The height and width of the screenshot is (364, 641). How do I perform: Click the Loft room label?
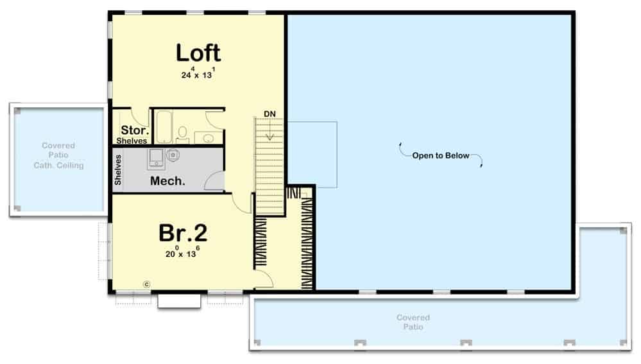(198, 53)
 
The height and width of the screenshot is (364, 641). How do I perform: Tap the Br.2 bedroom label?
(183, 232)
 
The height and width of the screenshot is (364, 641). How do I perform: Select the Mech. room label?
(167, 181)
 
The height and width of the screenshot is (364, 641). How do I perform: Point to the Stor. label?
(135, 130)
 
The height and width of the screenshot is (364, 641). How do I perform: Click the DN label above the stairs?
(269, 114)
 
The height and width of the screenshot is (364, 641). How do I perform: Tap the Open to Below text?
(441, 155)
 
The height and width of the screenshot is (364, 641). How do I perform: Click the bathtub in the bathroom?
(164, 126)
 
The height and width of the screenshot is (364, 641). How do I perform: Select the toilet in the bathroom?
(182, 134)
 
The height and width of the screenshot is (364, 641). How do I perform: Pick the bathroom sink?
(209, 138)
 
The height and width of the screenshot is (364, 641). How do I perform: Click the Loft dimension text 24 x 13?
(198, 74)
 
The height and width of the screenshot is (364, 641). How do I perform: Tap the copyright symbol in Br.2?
(147, 284)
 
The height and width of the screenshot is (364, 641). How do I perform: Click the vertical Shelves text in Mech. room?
(118, 169)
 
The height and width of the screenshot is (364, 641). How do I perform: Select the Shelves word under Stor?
(132, 141)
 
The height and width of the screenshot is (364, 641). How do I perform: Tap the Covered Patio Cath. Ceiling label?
(58, 155)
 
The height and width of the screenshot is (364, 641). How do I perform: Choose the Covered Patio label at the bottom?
(413, 322)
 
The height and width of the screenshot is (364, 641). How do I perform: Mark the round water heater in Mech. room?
(173, 155)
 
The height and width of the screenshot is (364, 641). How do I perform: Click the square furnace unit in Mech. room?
(156, 159)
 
